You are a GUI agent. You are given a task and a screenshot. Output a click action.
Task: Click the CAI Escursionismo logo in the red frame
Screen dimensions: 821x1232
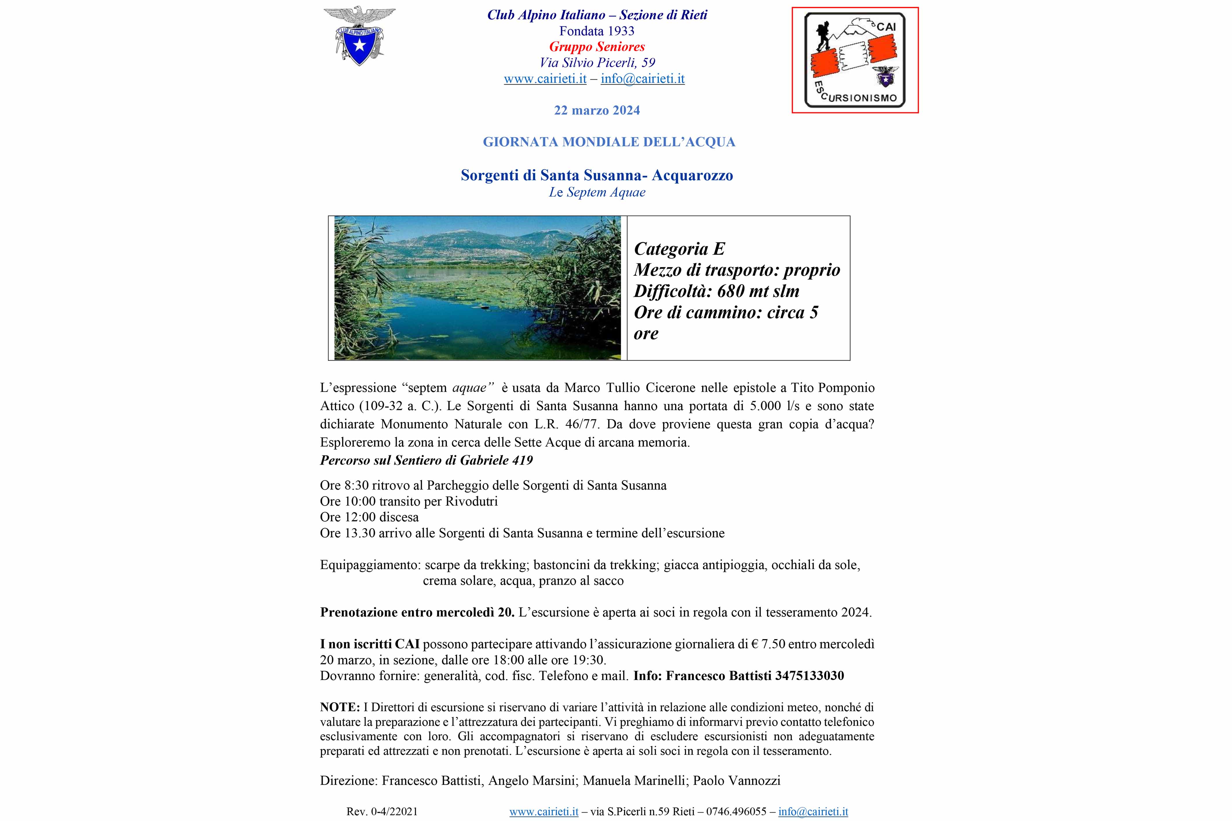click(x=854, y=60)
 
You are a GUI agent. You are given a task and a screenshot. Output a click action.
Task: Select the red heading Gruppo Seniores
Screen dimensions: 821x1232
click(x=597, y=47)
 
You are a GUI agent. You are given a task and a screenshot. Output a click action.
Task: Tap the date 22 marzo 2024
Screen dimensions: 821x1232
click(x=597, y=110)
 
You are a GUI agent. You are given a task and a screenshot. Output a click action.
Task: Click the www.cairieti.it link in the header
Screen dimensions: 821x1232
click(x=545, y=78)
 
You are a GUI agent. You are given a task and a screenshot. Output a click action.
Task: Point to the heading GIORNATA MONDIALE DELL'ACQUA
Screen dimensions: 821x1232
click(x=609, y=142)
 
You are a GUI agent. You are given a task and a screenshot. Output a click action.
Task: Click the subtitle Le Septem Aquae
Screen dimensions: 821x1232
click(x=597, y=192)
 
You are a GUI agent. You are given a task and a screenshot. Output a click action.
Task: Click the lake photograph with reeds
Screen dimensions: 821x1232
click(x=477, y=288)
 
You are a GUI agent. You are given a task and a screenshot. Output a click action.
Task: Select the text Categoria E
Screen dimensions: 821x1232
click(x=679, y=249)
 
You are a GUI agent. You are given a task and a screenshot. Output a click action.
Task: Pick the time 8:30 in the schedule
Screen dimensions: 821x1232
click(x=356, y=485)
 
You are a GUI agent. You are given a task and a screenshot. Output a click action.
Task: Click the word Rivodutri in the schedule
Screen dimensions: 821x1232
click(x=471, y=501)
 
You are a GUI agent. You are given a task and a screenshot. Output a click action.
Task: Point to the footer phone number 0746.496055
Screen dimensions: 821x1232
click(x=736, y=811)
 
